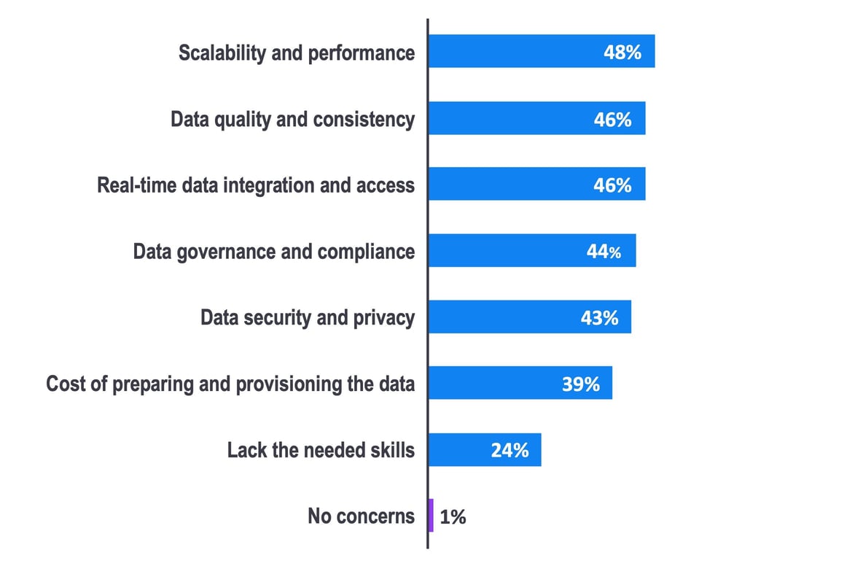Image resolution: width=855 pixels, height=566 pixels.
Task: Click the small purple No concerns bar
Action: coord(431,515)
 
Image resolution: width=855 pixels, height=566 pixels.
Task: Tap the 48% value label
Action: coord(622,53)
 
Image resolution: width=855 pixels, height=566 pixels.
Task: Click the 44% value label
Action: coord(604,252)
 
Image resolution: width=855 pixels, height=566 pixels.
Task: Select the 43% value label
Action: coord(600,318)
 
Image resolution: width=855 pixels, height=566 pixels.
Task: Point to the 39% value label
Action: coord(580,384)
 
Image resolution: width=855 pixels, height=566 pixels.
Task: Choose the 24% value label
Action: coord(510,450)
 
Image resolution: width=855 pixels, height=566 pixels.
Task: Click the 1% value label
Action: coord(453,517)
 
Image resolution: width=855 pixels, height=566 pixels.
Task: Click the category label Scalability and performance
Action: coord(297,53)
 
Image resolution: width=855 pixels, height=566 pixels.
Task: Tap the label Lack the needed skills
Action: coord(321,450)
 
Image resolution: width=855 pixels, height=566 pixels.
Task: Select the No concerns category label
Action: coord(361,516)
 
